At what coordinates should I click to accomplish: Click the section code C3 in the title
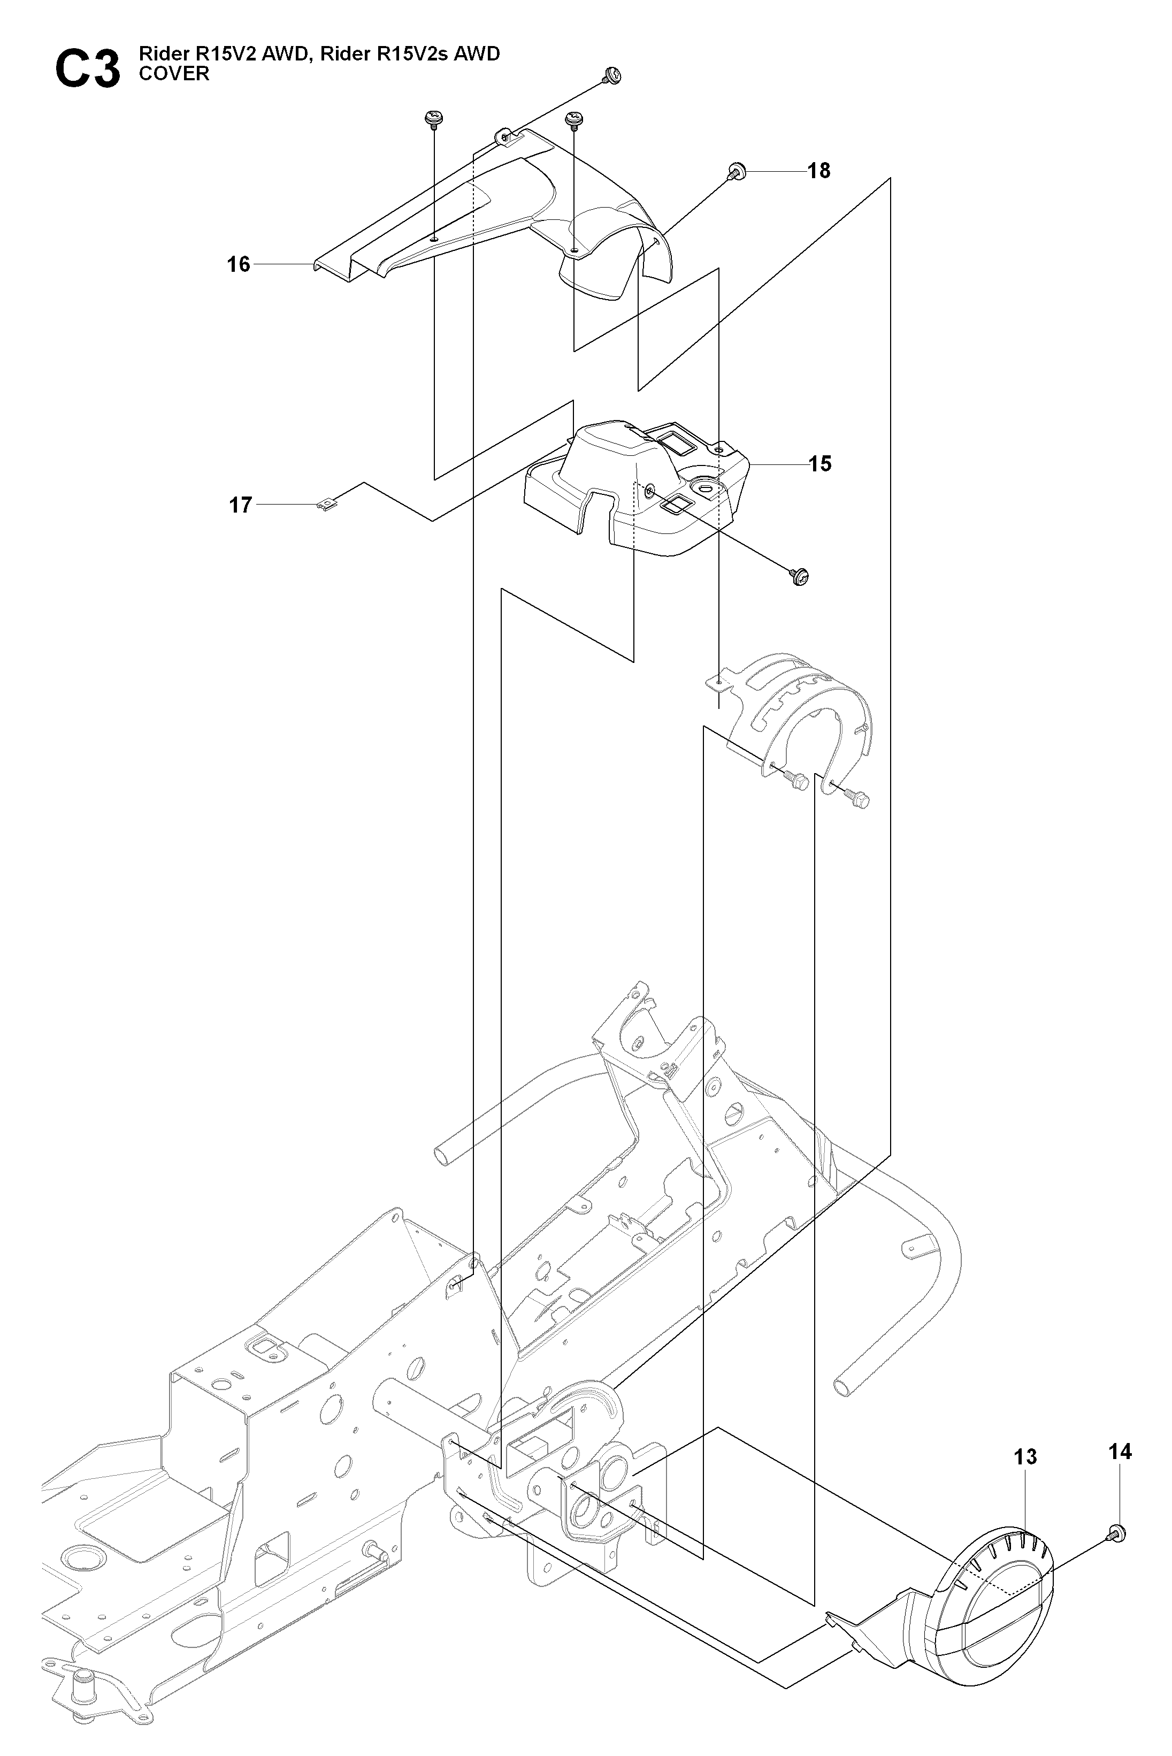coord(87,70)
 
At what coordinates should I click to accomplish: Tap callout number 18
coord(819,171)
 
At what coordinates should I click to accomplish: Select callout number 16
coord(239,265)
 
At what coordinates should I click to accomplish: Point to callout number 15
coord(820,464)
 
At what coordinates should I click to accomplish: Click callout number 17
coord(240,506)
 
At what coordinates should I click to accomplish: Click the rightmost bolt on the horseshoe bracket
coord(858,800)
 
